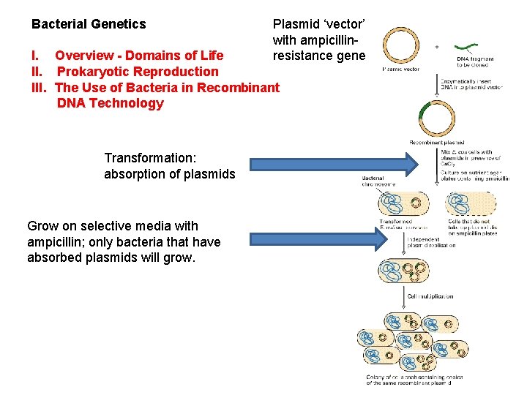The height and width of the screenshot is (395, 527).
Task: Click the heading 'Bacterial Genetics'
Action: (x=89, y=24)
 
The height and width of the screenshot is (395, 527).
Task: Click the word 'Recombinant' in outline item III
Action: (x=239, y=88)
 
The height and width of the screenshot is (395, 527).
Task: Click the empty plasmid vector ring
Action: (x=402, y=47)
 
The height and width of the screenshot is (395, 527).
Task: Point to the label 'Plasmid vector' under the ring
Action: (x=400, y=69)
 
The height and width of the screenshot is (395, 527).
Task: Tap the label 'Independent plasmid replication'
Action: (x=432, y=242)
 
